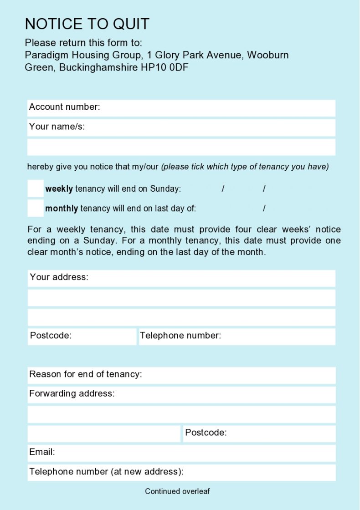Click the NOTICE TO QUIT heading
click(x=87, y=24)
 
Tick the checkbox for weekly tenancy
click(x=36, y=189)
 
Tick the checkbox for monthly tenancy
click(x=36, y=208)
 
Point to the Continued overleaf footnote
click(x=177, y=491)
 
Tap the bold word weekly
click(x=59, y=189)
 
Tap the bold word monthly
click(x=62, y=209)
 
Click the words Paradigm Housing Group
click(x=82, y=55)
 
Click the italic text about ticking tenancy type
click(x=245, y=167)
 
